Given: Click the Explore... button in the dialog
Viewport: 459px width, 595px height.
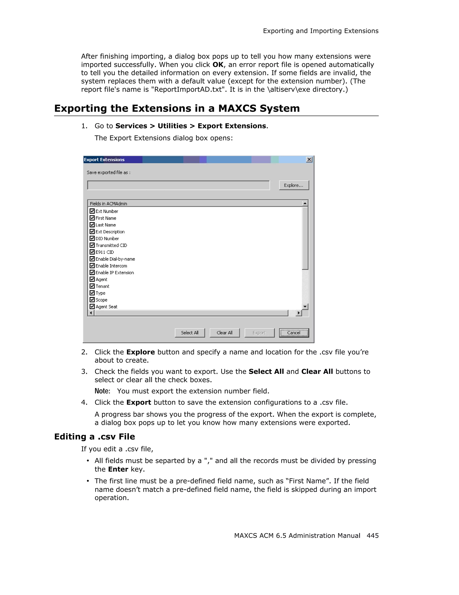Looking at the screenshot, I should click(x=294, y=185).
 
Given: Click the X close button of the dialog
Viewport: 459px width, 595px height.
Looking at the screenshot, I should click(x=309, y=160).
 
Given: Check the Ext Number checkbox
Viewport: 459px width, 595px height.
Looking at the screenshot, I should click(x=92, y=211).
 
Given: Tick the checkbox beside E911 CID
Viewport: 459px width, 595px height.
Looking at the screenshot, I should click(x=92, y=252).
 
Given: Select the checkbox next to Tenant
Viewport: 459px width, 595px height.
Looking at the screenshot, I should click(x=92, y=286).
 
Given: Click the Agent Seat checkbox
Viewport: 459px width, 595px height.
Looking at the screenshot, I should click(x=92, y=307).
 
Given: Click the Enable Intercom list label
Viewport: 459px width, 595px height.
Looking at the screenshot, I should click(x=111, y=266).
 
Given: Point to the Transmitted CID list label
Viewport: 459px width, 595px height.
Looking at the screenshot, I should click(x=111, y=245).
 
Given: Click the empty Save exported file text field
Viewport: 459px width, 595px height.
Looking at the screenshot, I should click(x=178, y=185).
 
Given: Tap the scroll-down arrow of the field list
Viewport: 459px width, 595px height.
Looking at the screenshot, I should click(x=305, y=307).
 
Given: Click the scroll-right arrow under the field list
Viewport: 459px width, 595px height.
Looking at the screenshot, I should click(x=299, y=313).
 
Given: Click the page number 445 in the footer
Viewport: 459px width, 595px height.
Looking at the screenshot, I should click(x=372, y=536).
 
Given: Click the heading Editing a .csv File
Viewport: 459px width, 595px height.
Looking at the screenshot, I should click(x=95, y=437).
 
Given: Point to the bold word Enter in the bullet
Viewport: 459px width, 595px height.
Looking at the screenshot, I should click(x=118, y=469).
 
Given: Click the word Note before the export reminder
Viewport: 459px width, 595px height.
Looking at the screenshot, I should click(x=102, y=391).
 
